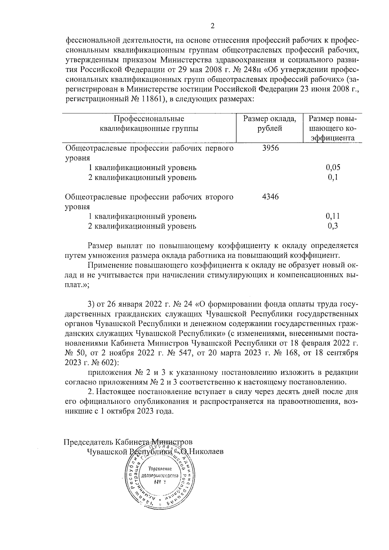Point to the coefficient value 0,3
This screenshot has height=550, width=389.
[x=333, y=226]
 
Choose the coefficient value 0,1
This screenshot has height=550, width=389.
[x=333, y=177]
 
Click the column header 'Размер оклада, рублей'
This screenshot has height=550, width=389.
[x=270, y=123]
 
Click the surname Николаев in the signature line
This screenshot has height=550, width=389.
[x=206, y=451]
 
